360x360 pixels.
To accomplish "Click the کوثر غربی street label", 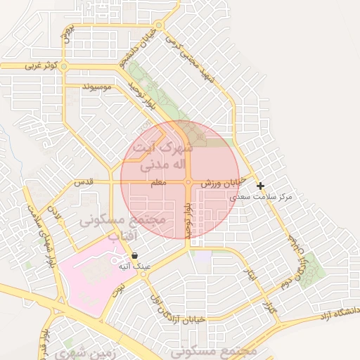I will pos(39,65).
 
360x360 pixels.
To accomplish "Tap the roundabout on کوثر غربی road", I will pos(64,66).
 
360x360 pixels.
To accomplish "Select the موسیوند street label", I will pos(97,87).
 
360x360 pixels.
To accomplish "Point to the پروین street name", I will pos(67,33).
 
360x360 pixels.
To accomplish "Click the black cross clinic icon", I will pos(261,186).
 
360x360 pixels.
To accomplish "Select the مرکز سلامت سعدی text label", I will pos(259,197).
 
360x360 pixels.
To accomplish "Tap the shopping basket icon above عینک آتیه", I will pos(134,256).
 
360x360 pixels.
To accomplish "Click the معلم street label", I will pos(158,183).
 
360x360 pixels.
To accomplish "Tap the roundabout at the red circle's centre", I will pos(188,183).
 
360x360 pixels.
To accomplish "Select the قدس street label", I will pos(84,182).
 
